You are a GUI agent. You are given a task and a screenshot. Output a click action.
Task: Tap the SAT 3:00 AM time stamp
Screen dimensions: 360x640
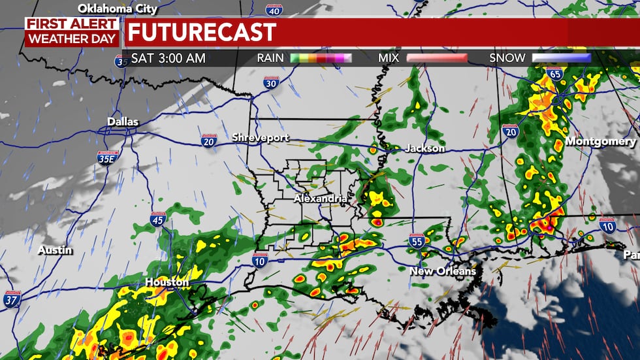tap(168, 58)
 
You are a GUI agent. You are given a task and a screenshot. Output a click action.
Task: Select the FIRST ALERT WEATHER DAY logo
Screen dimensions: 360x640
tap(72, 31)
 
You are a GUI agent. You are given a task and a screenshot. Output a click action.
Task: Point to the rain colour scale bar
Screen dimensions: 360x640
tap(321, 58)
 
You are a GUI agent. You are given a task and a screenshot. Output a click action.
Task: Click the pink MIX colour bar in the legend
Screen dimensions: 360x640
tap(437, 58)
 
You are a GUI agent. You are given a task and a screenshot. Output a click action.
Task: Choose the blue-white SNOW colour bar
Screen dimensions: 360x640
tap(562, 58)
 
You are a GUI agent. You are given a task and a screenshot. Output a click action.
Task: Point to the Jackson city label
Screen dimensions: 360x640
tap(424, 148)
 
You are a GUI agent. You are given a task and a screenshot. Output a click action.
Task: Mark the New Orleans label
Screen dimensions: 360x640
tap(443, 270)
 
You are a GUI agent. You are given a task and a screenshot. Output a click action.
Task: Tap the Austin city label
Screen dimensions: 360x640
tap(55, 250)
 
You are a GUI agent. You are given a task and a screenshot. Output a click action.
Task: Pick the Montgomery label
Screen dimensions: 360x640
tap(601, 141)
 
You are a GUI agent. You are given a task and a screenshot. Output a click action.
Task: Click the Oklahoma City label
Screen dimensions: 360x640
tap(118, 8)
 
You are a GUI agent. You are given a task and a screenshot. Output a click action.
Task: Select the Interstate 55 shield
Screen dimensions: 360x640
tap(417, 241)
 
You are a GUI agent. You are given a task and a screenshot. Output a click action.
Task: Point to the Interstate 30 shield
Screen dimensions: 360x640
tap(272, 82)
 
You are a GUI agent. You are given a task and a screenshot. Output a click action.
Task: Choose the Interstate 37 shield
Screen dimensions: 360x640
tap(12, 299)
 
